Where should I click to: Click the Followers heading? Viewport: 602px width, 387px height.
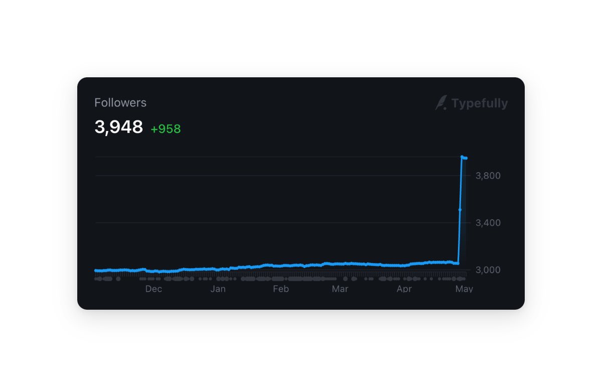120,103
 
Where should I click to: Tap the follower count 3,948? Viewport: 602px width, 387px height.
118,126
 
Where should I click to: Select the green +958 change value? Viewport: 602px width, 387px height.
166,129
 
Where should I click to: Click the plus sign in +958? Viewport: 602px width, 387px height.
154,130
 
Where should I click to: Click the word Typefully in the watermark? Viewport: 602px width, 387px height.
480,103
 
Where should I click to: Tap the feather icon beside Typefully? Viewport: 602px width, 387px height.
441,102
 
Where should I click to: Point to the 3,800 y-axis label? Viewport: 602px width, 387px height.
488,176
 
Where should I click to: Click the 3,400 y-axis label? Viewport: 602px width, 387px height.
488,223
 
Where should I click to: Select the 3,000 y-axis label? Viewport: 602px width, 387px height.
488,270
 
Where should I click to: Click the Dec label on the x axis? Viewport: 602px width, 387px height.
154,289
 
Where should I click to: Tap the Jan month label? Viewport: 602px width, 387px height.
218,289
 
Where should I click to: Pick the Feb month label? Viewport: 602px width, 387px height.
281,289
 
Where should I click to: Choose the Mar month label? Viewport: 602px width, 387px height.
340,289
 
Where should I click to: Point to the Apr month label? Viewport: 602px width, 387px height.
404,289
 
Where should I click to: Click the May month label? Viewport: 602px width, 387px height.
464,289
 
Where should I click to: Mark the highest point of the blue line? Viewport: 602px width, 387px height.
462,157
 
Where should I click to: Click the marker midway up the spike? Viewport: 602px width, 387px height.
460,210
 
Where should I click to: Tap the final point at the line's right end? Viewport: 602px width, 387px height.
466,158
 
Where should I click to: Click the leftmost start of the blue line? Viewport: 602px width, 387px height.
96,270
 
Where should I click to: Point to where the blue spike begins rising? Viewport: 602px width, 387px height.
458,264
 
